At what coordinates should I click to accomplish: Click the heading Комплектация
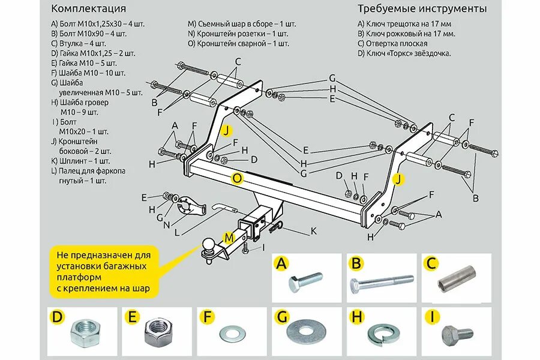89,9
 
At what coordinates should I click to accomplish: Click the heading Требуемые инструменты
422,9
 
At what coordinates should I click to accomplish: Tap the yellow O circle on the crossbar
238,178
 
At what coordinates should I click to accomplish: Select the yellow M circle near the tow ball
229,238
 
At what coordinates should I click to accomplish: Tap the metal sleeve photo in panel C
457,281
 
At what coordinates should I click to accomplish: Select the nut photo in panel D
82,332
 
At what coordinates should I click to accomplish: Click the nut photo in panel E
158,331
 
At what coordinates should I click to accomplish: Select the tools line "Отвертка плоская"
392,44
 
